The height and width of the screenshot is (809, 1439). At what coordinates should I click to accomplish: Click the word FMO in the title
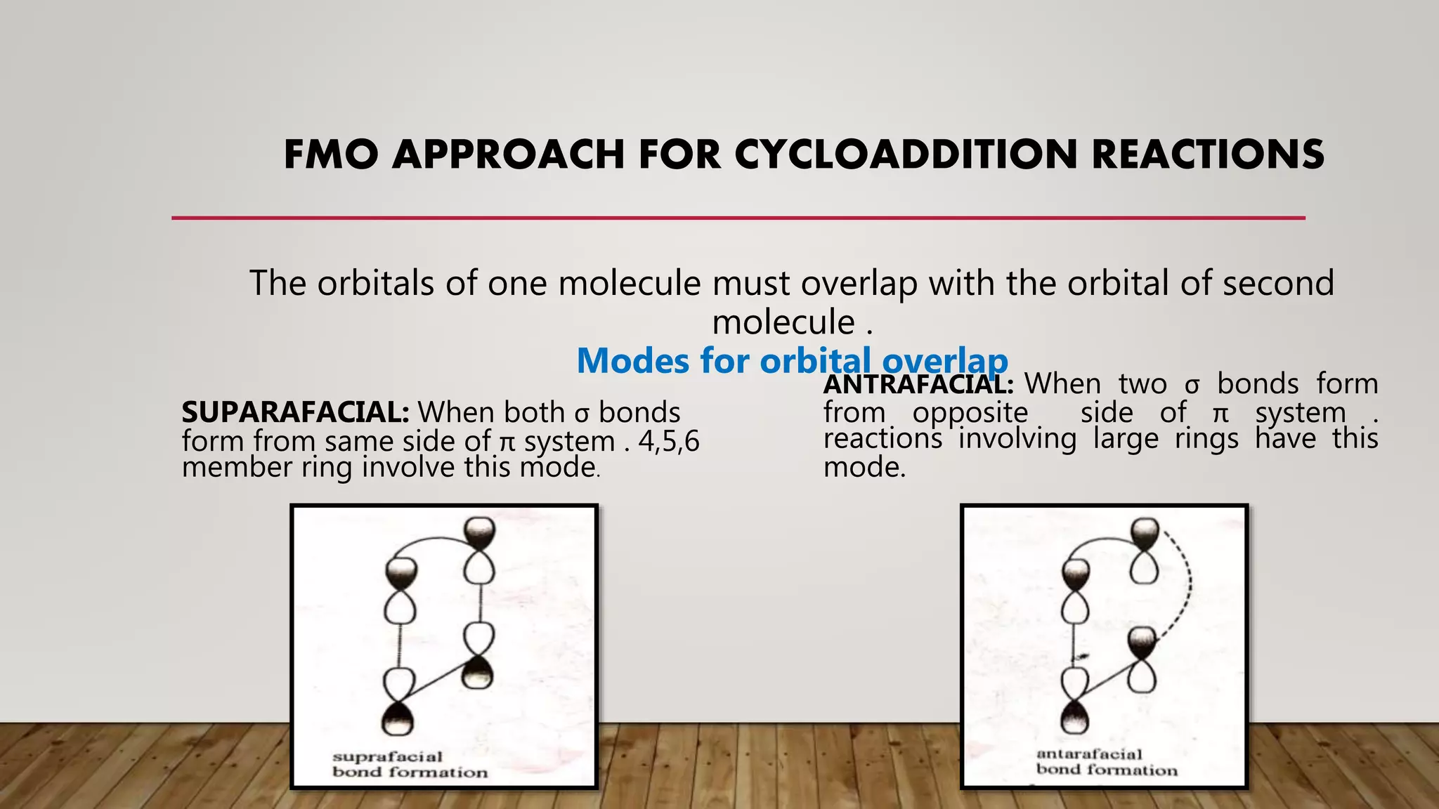[331, 154]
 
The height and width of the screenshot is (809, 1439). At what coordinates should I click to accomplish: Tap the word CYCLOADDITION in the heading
[906, 154]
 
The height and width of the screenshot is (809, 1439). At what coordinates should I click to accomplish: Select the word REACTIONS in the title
[1208, 154]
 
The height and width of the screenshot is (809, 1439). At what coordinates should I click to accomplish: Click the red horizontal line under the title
[738, 218]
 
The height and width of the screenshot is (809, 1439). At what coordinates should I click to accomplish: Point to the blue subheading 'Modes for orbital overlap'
[792, 361]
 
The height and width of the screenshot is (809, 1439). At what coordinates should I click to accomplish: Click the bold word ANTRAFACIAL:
[918, 384]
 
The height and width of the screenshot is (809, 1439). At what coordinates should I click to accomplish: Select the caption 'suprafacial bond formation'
[409, 765]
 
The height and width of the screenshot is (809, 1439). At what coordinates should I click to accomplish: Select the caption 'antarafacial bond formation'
[1106, 762]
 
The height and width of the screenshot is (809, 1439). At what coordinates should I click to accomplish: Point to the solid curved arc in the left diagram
[429, 543]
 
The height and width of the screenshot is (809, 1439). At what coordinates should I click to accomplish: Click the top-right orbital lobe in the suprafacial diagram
[479, 534]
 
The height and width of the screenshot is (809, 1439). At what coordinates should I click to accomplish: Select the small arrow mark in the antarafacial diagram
[1082, 656]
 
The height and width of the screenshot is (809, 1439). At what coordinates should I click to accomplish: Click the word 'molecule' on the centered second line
[783, 322]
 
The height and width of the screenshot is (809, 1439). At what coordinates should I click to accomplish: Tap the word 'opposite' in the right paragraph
[970, 413]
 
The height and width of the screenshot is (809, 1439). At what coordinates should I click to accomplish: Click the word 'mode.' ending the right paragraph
[864, 467]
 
